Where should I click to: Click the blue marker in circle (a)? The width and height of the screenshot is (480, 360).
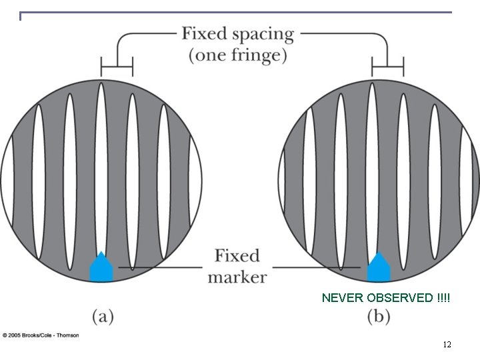click(101, 267)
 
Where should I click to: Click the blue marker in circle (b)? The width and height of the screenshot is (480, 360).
click(379, 268)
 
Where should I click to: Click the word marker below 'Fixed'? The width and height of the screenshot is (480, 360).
click(237, 276)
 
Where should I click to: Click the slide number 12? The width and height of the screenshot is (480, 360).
click(447, 345)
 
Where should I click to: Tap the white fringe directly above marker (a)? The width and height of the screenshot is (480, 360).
click(101, 167)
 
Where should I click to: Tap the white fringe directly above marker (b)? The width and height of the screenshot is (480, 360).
click(371, 167)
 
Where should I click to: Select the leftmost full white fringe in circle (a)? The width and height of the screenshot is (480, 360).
click(39, 177)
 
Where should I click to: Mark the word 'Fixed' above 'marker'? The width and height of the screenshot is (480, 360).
click(237, 256)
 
